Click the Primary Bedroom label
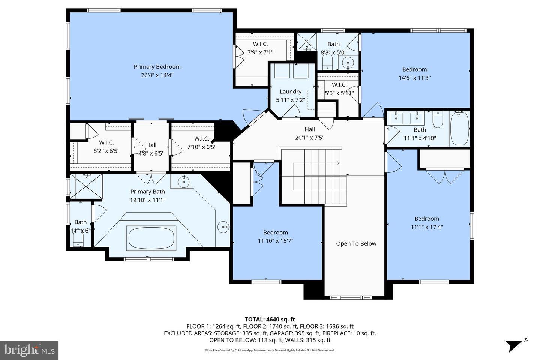tap(157, 67)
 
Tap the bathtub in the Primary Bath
tap(151, 237)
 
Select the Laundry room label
tap(290, 91)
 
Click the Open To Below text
tap(356, 244)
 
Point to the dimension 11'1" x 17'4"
tap(426, 227)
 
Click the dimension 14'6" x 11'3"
tap(414, 78)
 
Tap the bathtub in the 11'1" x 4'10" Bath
tap(459, 128)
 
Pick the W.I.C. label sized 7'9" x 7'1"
tap(260, 44)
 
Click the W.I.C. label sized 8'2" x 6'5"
tap(106, 142)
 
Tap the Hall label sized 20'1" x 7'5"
tap(309, 129)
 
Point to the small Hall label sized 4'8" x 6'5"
tap(151, 145)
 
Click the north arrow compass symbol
tap(515, 344)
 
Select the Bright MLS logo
tap(29, 350)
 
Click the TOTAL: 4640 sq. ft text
tap(270, 319)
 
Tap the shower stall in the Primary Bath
tap(86, 186)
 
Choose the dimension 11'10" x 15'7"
tap(275, 241)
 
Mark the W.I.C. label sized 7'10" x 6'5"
tap(201, 139)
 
